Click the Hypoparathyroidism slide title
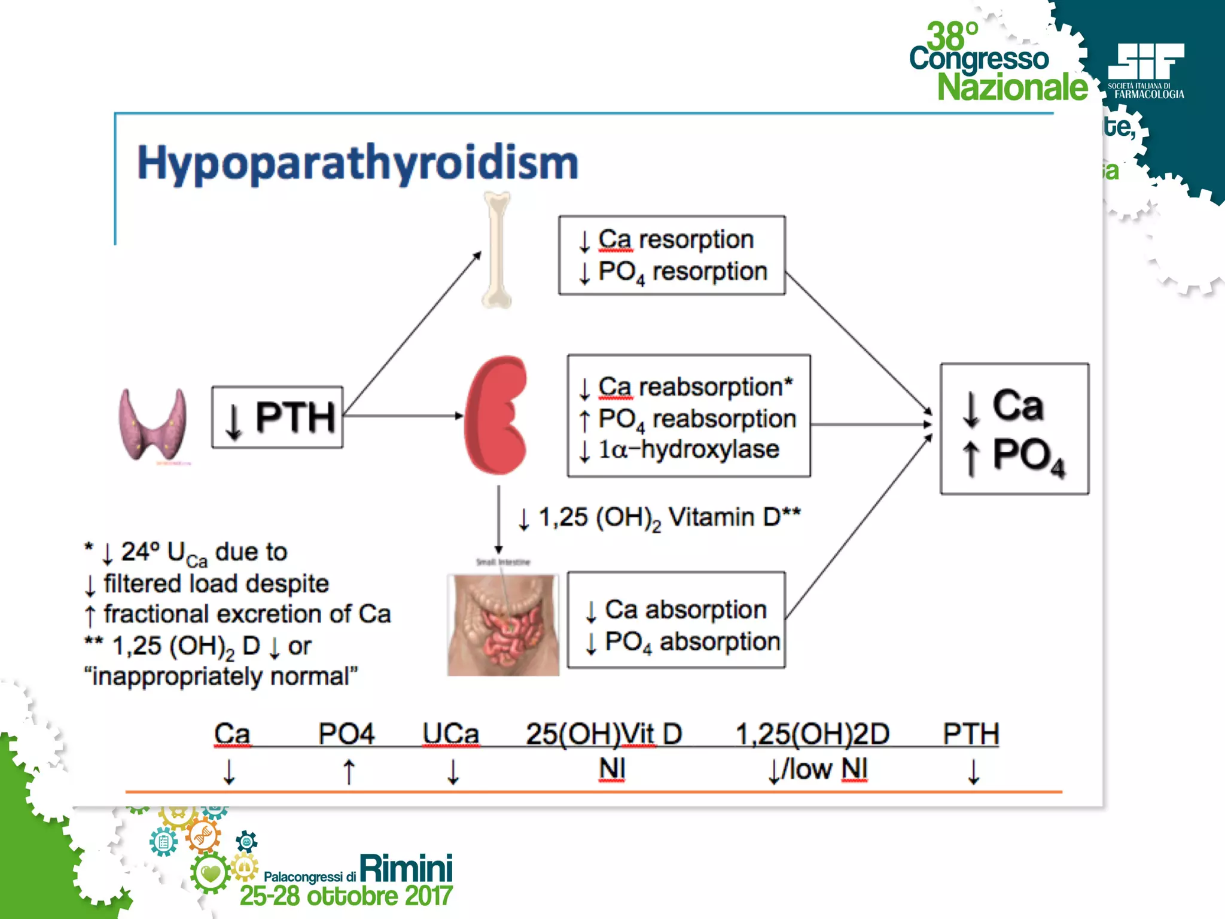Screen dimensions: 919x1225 [x=358, y=163]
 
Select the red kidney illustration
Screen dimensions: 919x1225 [x=496, y=415]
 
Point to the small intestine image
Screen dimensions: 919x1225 [x=503, y=624]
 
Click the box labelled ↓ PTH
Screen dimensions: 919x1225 [x=278, y=417]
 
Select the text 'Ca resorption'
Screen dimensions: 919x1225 [x=676, y=239]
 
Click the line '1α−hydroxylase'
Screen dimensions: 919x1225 [x=689, y=449]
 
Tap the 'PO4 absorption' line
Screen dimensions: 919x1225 [x=693, y=642]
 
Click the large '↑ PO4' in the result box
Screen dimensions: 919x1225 [x=1014, y=457]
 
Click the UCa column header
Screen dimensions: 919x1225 [x=450, y=734]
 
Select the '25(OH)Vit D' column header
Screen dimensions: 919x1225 [x=604, y=734]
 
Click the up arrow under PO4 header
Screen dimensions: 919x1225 [x=349, y=771]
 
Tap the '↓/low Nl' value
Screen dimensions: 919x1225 [x=818, y=770]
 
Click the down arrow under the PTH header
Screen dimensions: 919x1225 [x=973, y=771]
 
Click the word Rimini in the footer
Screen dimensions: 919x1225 [x=406, y=869]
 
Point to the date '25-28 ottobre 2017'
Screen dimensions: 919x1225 [x=346, y=896]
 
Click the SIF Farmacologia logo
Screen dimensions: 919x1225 [x=1145, y=71]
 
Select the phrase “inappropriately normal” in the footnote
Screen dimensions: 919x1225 [x=221, y=677]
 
